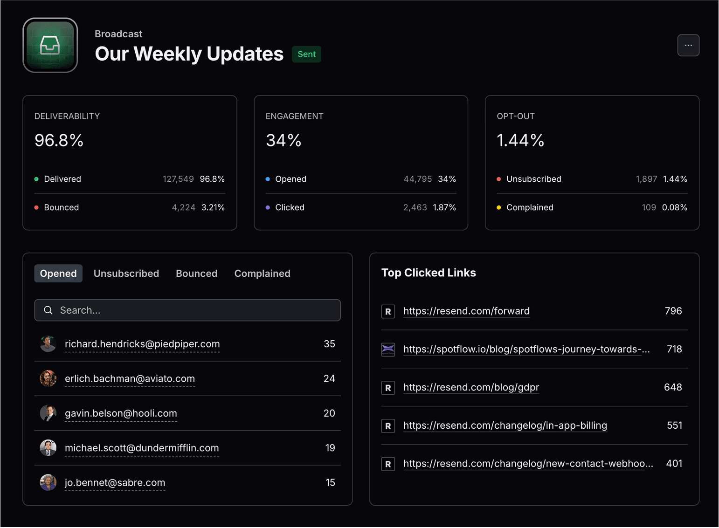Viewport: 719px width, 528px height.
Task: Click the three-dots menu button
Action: click(x=688, y=45)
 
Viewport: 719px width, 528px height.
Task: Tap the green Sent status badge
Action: click(x=306, y=54)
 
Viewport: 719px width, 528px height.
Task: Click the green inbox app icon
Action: click(x=50, y=45)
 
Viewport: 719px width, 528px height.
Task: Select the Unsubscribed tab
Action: click(x=126, y=274)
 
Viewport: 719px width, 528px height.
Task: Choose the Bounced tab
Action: click(x=196, y=274)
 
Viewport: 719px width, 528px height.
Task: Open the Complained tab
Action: click(x=262, y=274)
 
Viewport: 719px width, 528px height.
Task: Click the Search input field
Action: click(x=187, y=310)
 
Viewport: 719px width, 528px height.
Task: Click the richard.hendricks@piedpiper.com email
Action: click(x=142, y=344)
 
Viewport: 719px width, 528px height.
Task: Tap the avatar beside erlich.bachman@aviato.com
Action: click(x=48, y=378)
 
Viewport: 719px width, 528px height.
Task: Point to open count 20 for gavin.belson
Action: click(x=329, y=413)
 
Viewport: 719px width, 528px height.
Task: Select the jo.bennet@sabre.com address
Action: click(x=115, y=483)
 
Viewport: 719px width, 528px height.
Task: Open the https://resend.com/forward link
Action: click(x=466, y=311)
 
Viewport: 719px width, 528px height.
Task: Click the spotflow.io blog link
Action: click(x=526, y=349)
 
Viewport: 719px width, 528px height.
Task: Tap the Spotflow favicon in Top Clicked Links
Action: click(x=388, y=349)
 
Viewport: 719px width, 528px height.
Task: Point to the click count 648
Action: click(x=673, y=387)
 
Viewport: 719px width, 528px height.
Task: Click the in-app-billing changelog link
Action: click(x=505, y=425)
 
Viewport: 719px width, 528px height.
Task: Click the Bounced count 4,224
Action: click(x=183, y=207)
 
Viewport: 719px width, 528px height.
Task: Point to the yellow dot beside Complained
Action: click(x=499, y=207)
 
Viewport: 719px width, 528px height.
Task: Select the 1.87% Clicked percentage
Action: click(x=444, y=207)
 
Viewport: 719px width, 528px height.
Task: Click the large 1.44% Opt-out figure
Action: click(x=520, y=140)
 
